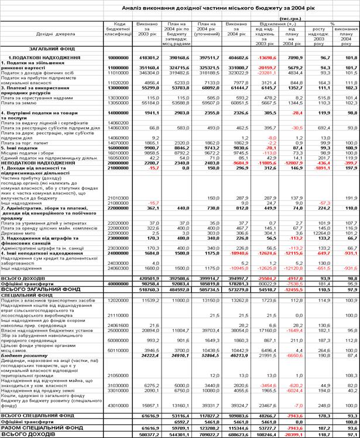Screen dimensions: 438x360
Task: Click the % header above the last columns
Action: pos(332,24)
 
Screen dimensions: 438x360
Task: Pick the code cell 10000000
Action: pos(118,58)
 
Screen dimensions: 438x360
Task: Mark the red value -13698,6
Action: pos(268,58)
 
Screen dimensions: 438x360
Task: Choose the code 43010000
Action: pos(118,404)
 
